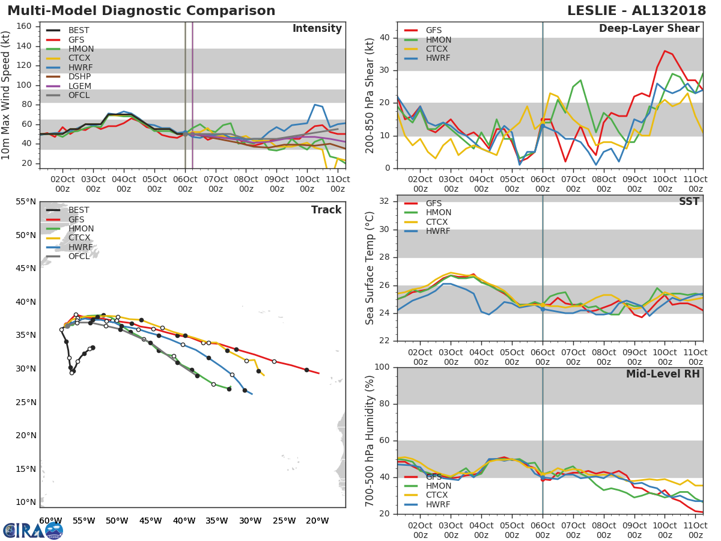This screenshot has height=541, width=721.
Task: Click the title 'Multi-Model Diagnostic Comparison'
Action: coord(141,11)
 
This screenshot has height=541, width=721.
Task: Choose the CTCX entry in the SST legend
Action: coord(438,222)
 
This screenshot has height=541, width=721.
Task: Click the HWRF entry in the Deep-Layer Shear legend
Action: coord(438,58)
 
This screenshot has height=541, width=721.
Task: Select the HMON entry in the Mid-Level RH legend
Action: coord(438,486)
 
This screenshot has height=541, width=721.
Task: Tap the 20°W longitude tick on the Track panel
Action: coord(312,521)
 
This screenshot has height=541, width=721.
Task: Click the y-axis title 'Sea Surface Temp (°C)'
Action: coord(370,267)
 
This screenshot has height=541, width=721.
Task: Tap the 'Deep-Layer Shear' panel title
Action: coord(649,29)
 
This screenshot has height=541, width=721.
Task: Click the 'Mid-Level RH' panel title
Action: coord(662,374)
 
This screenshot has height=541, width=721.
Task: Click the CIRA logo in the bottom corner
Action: coord(32,530)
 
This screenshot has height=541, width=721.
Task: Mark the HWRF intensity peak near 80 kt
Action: coord(315,105)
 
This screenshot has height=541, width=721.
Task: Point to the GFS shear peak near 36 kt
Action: coord(665,50)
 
